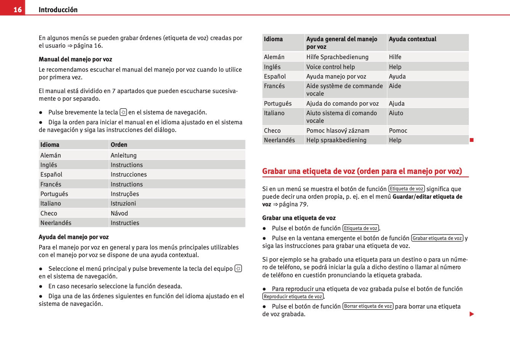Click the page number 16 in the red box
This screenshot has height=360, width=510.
coord(18,10)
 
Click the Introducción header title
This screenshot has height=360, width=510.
coord(58,10)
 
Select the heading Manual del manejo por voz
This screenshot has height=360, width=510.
coord(75,59)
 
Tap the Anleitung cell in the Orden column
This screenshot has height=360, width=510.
coord(123,155)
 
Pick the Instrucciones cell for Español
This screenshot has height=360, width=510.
coord(128,174)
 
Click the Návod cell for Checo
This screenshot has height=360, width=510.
coord(119,213)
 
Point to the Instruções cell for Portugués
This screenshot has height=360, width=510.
coord(125,194)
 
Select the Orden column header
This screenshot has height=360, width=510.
coord(119,145)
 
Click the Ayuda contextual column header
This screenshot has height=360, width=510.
coord(412,39)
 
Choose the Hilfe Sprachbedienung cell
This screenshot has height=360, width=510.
coord(337,57)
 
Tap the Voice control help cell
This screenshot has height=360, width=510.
coord(330,67)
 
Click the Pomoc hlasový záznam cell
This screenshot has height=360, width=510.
coord(338,130)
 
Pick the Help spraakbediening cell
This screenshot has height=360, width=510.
coord(336,140)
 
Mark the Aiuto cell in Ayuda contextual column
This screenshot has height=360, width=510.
coord(396,113)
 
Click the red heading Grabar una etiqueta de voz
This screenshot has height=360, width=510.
coord(362,171)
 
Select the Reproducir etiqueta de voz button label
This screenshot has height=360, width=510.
coord(293,296)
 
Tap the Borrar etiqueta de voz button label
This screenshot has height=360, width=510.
coord(368,306)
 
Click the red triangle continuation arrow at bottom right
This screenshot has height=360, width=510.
coord(472,314)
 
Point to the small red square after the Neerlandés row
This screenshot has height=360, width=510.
coord(472,140)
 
